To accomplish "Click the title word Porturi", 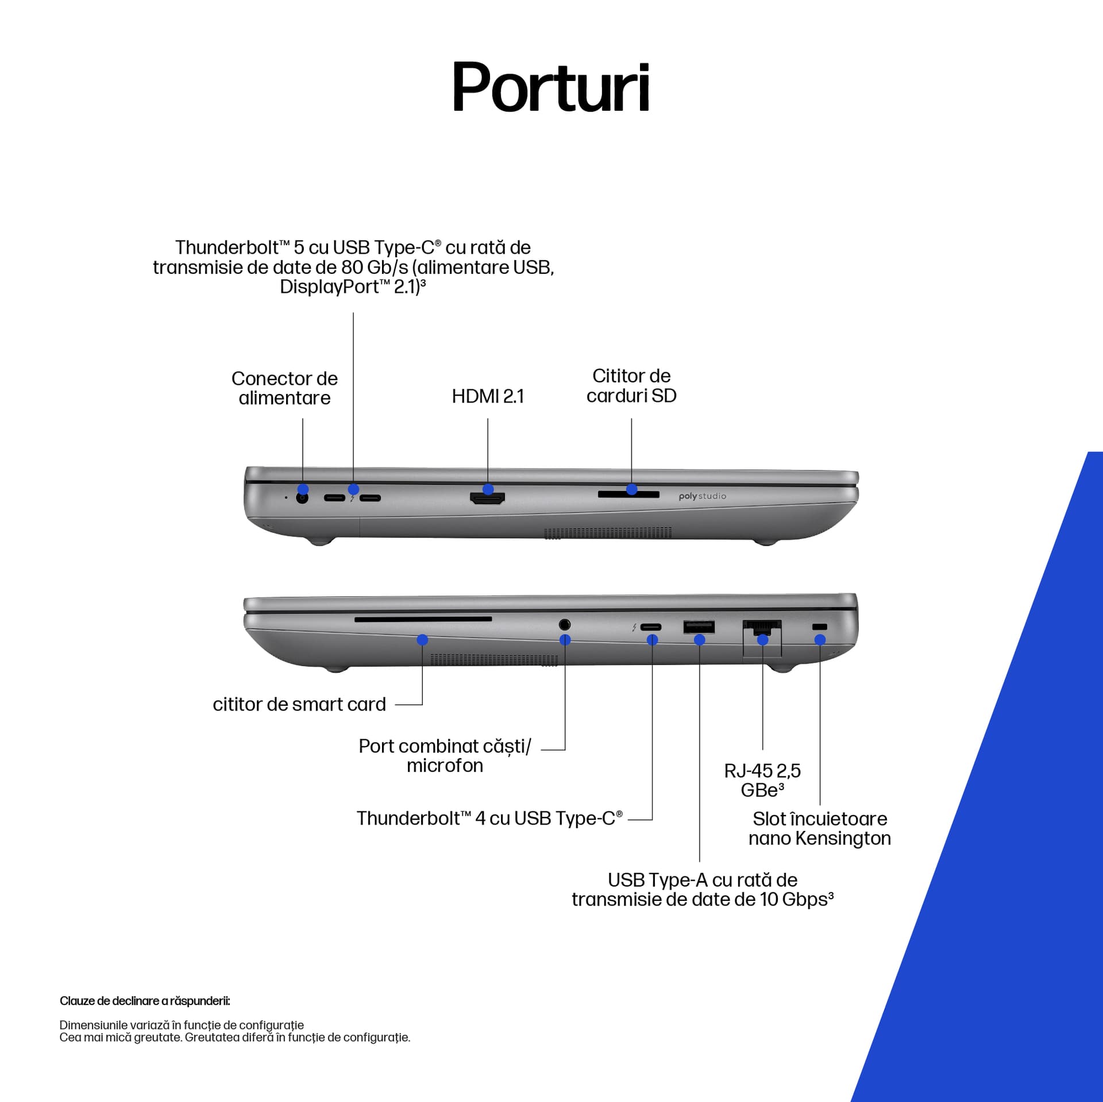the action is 551,87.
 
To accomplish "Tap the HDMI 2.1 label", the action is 488,396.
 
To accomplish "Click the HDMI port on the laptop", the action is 488,498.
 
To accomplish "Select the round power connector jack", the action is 302,498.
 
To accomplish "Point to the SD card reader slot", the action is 628,494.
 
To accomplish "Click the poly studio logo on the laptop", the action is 702,496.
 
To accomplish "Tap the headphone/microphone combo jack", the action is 564,624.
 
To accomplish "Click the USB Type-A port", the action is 699,627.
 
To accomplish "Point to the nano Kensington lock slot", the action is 820,627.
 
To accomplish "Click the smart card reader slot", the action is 423,619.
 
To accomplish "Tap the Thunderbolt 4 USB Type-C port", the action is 651,627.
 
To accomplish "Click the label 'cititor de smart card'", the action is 299,705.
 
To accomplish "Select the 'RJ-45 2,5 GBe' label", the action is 762,780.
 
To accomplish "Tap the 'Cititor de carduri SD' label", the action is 631,386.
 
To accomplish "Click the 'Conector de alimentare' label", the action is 284,388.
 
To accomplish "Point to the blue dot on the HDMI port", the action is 488,489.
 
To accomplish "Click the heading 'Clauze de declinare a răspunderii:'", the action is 145,1001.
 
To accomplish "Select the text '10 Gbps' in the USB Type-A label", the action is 797,899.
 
